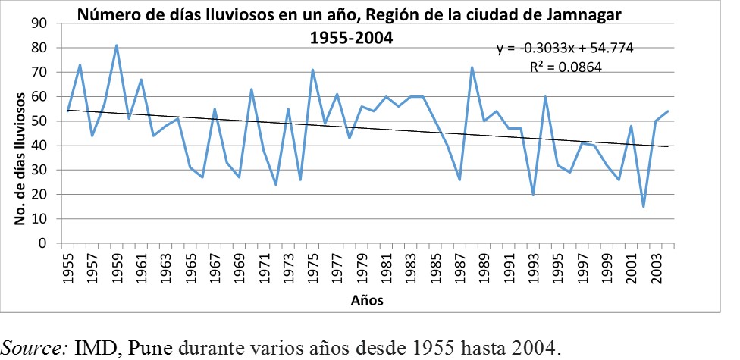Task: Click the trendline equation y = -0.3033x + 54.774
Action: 565,49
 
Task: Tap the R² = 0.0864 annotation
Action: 565,67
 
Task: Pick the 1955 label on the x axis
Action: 67,267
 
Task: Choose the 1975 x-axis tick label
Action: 312,267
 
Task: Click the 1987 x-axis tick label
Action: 459,267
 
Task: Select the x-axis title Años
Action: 367,300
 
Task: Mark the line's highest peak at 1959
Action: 116,45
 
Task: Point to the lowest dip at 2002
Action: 644,207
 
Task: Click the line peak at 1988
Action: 472,67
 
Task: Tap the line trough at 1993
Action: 533,195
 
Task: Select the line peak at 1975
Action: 312,70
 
